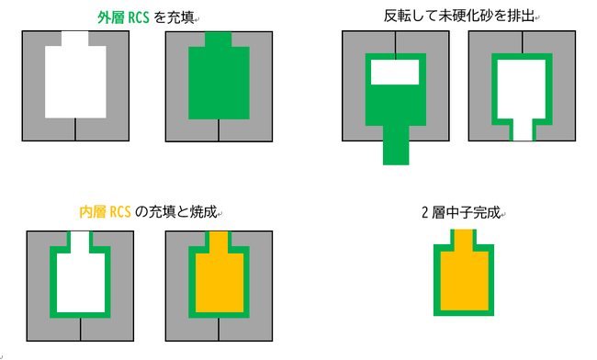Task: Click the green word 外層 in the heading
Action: [110, 17]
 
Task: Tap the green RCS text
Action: [138, 17]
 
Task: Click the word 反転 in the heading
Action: [397, 16]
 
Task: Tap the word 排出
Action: [522, 16]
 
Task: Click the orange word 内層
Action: [93, 211]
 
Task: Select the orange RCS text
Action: [120, 212]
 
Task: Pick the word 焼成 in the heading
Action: [203, 211]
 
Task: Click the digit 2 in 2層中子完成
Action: [425, 213]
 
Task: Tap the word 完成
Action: [487, 212]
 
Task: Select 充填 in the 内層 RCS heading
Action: [162, 211]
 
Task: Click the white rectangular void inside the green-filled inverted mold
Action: [395, 72]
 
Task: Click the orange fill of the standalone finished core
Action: [464, 277]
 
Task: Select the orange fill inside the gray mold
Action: [220, 282]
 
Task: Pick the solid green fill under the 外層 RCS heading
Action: [219, 82]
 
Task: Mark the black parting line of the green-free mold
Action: [75, 129]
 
